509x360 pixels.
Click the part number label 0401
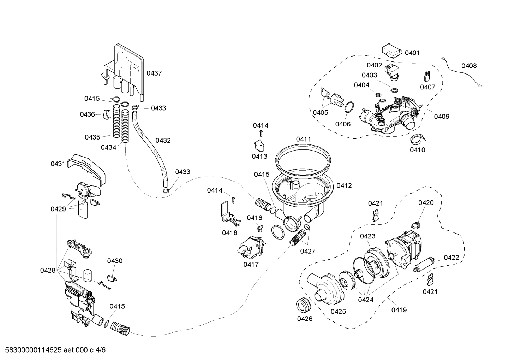(x=412, y=53)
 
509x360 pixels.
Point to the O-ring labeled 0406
(x=349, y=107)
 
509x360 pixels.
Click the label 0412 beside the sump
(x=344, y=185)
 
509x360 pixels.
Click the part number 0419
(x=399, y=310)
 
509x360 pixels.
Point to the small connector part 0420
(x=416, y=224)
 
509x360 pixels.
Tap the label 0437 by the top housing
(x=154, y=73)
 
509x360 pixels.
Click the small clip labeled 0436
(x=107, y=114)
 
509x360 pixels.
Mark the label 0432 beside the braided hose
(x=163, y=140)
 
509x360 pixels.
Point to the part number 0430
(x=115, y=261)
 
